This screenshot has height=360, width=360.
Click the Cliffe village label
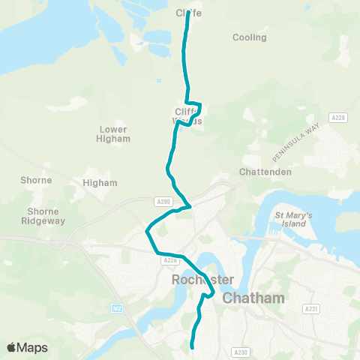189,13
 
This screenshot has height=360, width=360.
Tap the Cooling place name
249,37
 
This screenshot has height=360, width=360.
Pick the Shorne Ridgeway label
46,216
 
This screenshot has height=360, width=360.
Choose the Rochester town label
202,279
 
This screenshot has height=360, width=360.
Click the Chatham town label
254,298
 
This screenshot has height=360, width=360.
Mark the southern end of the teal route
193,347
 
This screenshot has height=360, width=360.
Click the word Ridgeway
46,221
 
